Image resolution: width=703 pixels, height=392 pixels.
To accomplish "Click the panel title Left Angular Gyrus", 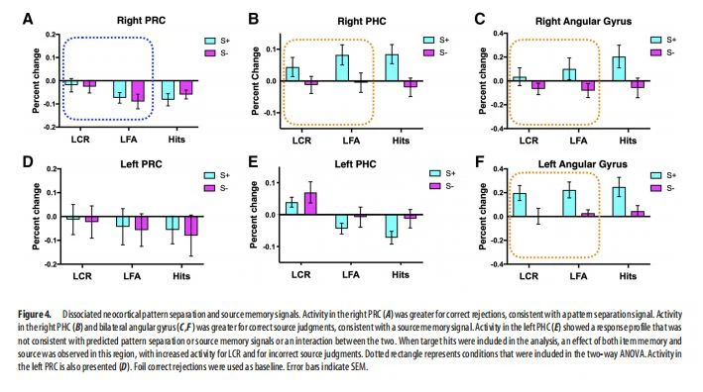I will [573, 163].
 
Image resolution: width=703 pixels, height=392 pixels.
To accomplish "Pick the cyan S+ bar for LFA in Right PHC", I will [341, 67].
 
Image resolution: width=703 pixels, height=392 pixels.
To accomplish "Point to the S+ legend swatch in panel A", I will [209, 40].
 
